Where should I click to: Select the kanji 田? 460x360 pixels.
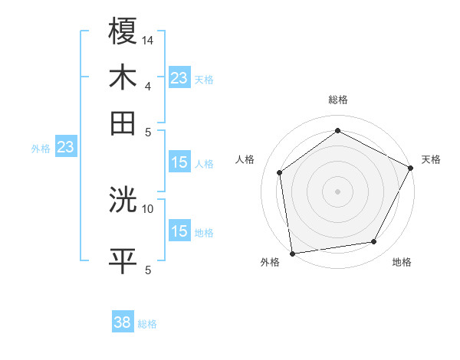coord(123,123)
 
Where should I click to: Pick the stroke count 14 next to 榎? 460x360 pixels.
coord(149,39)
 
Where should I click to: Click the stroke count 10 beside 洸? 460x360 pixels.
coord(148,208)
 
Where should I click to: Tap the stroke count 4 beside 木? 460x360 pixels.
coord(147,84)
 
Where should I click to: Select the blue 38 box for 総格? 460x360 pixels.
coord(123,322)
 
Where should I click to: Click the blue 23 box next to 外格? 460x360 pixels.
coord(65,147)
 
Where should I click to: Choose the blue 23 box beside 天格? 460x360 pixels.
coord(179,78)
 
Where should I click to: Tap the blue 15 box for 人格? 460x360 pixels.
coord(179,162)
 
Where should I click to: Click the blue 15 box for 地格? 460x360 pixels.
coord(179,231)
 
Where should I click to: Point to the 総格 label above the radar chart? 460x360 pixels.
coord(337,100)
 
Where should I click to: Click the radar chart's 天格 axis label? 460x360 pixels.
coord(431,159)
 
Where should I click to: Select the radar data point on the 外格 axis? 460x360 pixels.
coord(292,253)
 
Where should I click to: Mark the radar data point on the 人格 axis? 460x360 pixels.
coord(281,172)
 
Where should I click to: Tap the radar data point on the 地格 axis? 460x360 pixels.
coord(374,242)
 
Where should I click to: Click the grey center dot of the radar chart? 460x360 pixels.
coord(337,191)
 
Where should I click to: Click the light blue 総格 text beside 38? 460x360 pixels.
coord(147,324)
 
